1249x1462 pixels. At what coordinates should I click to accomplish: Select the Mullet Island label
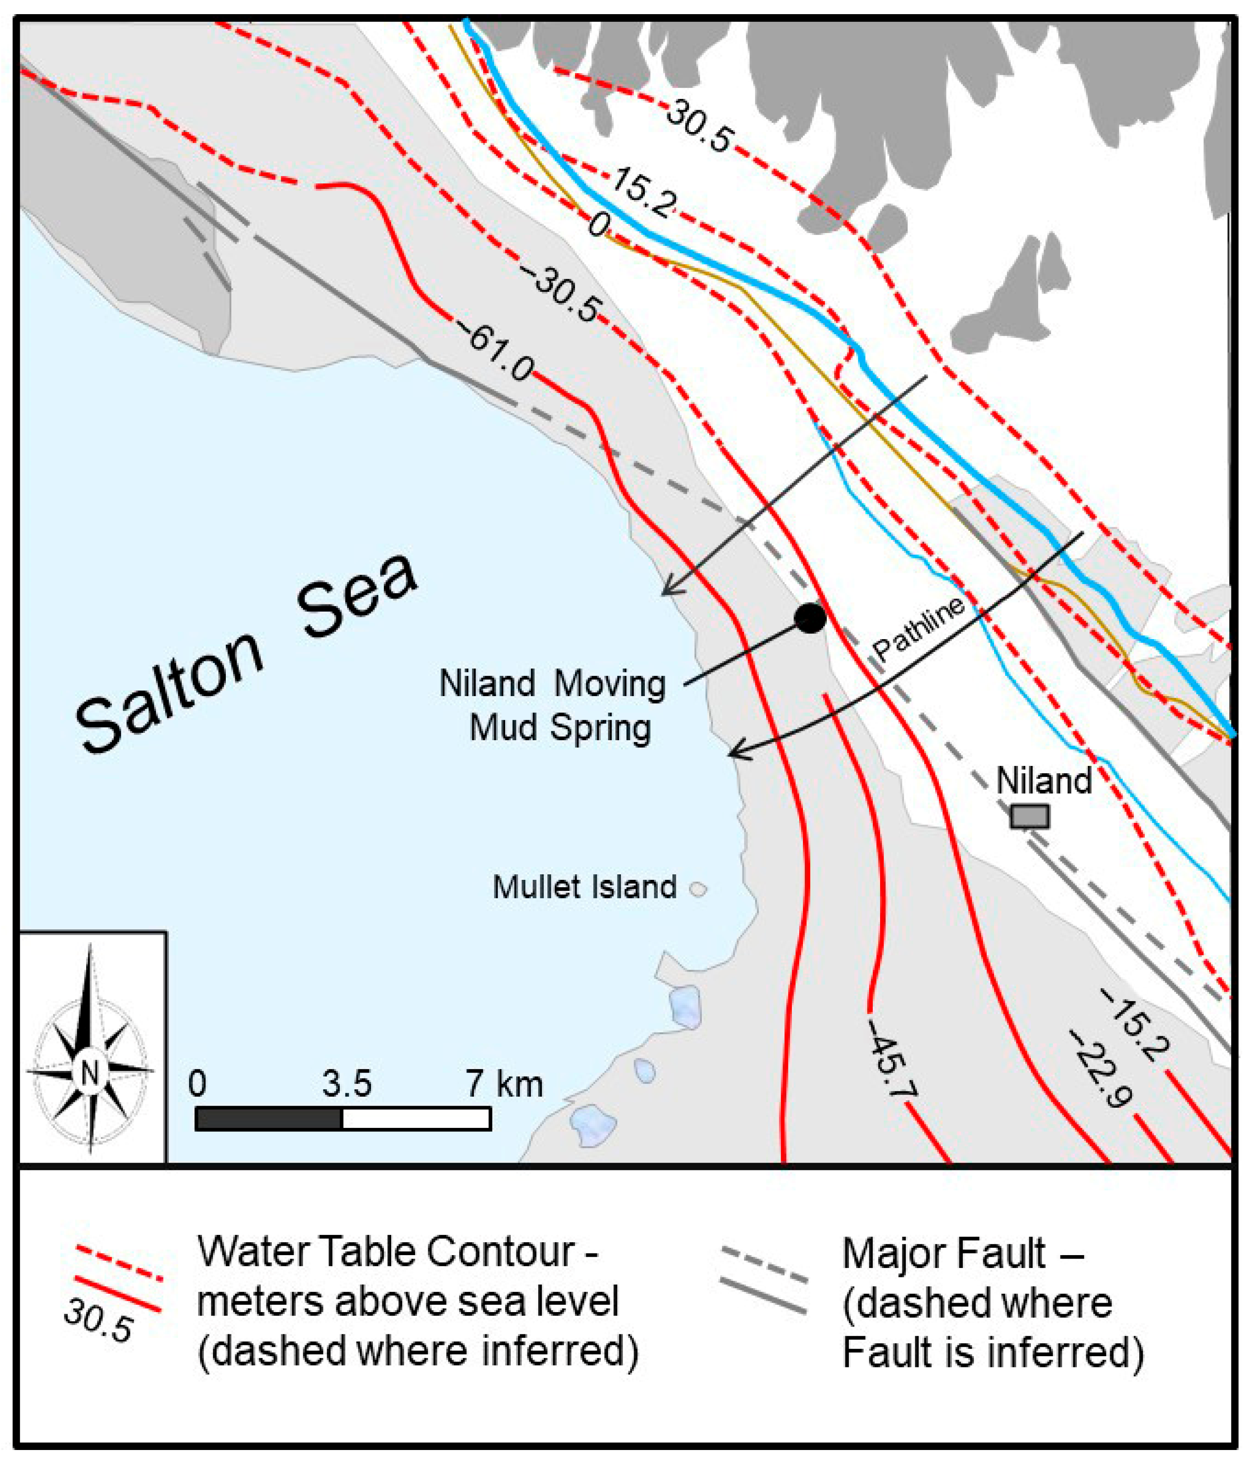click(x=584, y=888)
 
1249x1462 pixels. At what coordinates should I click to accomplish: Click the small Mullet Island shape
click(x=698, y=889)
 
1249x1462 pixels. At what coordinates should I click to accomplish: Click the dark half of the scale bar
click(x=268, y=1119)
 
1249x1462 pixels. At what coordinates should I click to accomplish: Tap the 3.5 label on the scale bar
click(x=347, y=1083)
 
